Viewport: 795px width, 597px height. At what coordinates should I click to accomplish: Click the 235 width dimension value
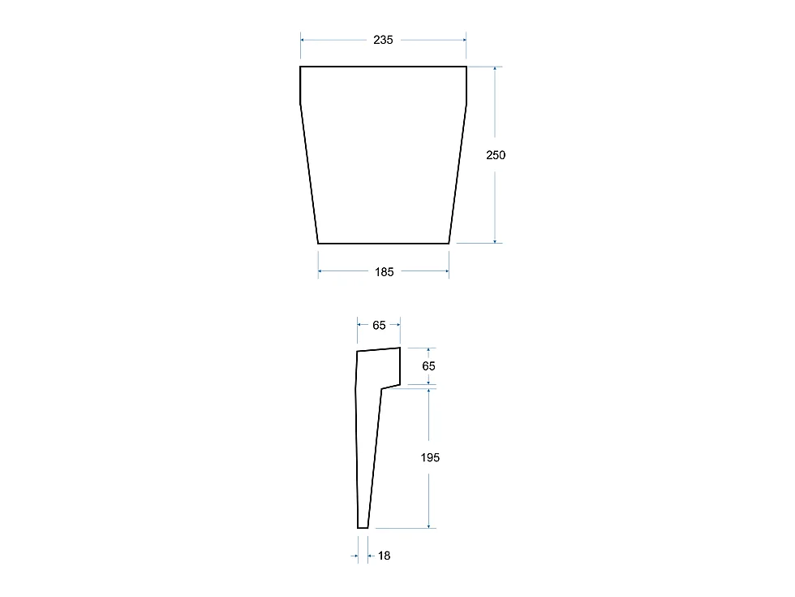383,40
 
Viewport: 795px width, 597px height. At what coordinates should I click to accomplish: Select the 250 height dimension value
496,155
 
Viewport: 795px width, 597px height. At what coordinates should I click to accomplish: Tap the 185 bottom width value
384,272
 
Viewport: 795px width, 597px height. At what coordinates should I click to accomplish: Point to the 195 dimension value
430,458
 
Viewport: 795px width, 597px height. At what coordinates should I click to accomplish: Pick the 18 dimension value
384,556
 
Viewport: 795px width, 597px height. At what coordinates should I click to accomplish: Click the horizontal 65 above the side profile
379,325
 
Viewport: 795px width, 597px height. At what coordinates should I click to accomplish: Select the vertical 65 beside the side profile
428,366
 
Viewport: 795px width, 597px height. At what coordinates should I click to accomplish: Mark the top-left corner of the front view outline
301,67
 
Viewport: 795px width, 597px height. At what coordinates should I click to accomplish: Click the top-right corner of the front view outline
466,67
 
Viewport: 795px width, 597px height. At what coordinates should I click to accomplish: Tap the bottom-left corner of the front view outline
318,243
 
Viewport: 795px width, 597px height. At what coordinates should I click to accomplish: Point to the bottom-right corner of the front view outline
449,243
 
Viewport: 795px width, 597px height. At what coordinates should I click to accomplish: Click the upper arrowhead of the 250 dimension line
495,69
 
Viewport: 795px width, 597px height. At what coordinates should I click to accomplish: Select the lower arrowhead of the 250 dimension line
495,240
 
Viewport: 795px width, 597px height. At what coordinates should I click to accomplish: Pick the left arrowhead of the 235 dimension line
303,40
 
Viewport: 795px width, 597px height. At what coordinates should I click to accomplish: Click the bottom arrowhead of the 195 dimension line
428,526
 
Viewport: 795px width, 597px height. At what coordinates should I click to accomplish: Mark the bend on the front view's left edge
301,103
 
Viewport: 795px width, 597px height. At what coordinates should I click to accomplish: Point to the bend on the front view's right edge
466,103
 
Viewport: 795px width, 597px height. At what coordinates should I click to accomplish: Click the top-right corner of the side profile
401,348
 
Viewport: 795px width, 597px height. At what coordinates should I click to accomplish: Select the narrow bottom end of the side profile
363,528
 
